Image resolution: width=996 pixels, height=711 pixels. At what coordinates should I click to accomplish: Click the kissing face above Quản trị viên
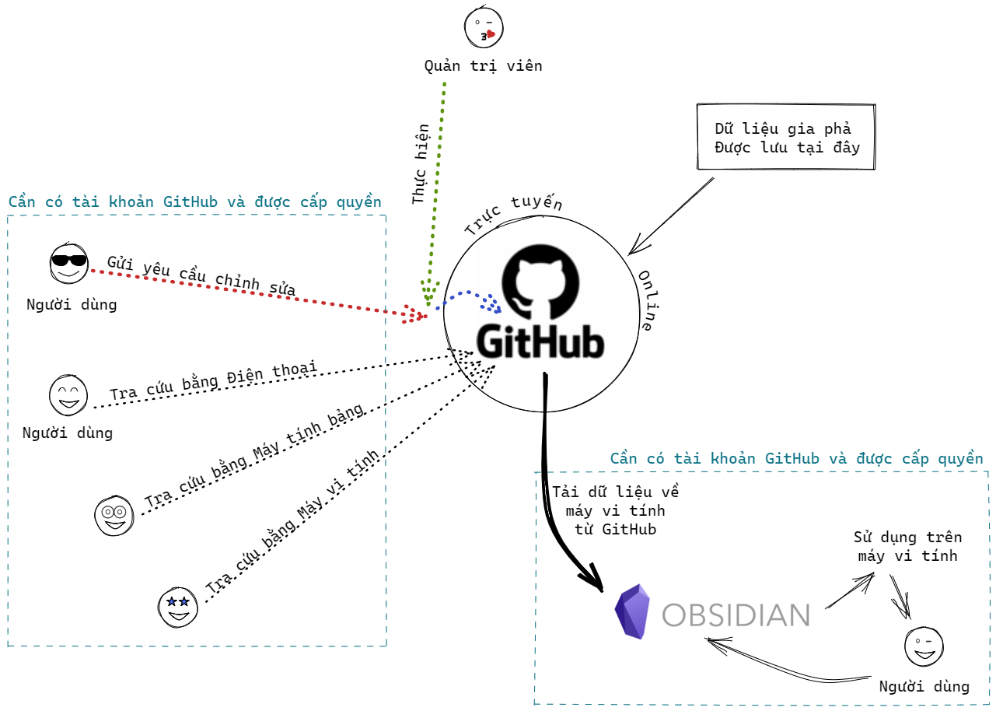pos(484,27)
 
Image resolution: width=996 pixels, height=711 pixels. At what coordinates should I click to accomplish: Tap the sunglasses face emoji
pos(68,264)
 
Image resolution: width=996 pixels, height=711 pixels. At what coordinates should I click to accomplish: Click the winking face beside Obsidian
pos(924,646)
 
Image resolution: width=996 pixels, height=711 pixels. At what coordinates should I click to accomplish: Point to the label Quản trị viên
pos(483,66)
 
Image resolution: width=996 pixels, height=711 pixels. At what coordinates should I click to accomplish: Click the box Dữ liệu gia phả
pos(787,137)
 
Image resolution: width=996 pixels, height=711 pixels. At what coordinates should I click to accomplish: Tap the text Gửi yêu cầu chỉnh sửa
pos(201,275)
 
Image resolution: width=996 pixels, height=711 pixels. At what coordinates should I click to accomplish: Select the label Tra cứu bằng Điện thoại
pos(213,380)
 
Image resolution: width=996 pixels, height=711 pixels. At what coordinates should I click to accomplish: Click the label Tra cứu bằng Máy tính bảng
pos(253,458)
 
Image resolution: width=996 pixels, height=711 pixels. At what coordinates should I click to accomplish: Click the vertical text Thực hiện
pos(421,164)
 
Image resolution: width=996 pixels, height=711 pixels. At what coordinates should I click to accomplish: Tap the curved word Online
pos(645,301)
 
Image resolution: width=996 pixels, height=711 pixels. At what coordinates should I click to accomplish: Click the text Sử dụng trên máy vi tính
pos(907,546)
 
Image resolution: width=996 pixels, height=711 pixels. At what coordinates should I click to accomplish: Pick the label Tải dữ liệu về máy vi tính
pos(616,510)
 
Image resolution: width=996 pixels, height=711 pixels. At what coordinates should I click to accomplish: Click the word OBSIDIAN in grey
pos(736,615)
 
